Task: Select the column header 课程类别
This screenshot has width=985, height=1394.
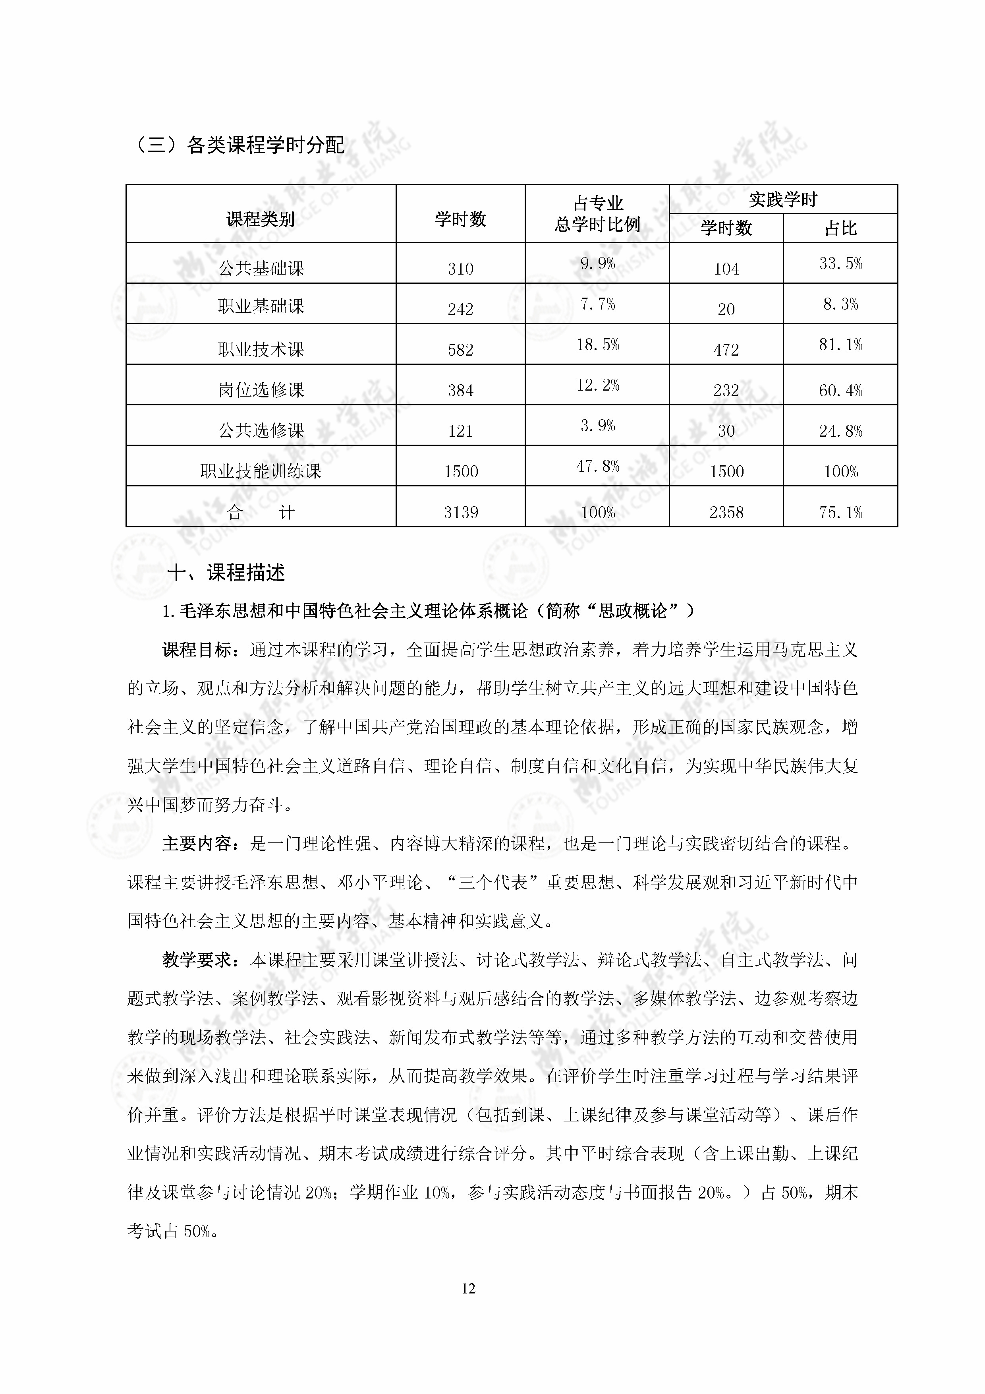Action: [x=261, y=219]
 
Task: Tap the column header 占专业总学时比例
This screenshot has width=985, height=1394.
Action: [x=597, y=214]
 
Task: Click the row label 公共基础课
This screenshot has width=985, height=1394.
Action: [x=261, y=268]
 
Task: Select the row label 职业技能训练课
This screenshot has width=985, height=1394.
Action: [x=261, y=471]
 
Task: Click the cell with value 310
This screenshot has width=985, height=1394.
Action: [x=461, y=268]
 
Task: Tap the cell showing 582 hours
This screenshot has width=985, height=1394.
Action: [x=461, y=350]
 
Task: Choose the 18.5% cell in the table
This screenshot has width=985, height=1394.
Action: [x=598, y=345]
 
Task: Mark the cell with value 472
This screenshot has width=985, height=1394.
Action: [x=726, y=350]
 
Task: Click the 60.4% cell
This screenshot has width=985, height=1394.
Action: [x=840, y=390]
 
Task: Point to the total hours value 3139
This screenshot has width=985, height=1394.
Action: [x=461, y=513]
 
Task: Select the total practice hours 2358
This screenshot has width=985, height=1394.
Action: [x=726, y=513]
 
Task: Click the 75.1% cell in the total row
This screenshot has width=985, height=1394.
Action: [x=840, y=513]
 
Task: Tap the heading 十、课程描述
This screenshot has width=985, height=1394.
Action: [x=226, y=573]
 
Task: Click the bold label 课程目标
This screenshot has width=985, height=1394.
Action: [x=198, y=650]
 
